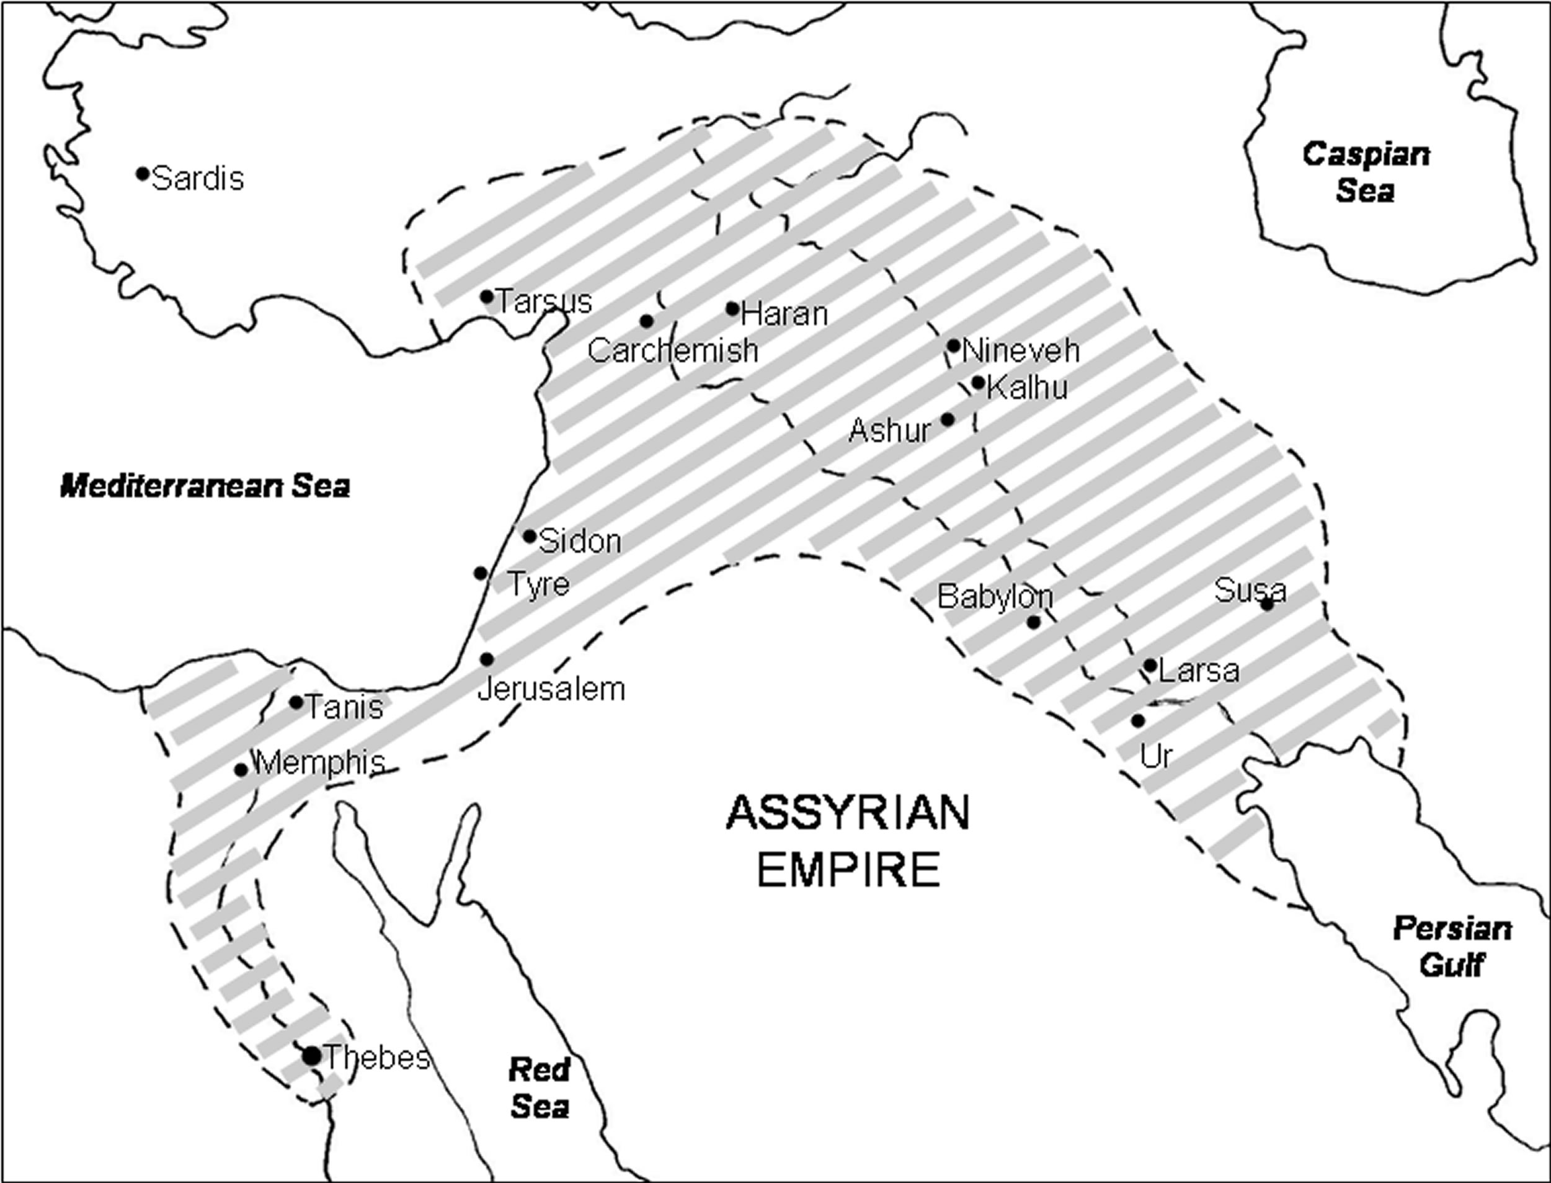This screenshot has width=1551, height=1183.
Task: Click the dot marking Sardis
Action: (142, 173)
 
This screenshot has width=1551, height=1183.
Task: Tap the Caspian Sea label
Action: (1365, 172)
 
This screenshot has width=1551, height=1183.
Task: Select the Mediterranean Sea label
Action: (205, 486)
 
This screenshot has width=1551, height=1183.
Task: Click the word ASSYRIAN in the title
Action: (848, 813)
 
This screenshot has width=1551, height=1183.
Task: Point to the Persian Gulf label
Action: (1452, 947)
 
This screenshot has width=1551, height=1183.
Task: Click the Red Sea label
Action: (540, 1089)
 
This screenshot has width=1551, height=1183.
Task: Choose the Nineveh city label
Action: (1020, 350)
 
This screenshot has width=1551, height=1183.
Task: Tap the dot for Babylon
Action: (1033, 622)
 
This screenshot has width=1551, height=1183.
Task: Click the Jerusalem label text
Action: (551, 689)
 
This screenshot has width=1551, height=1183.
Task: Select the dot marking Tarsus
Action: (486, 297)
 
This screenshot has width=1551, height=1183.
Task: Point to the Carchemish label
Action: (672, 350)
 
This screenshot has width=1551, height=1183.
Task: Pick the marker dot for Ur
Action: (1138, 721)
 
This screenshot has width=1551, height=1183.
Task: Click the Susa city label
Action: (1250, 590)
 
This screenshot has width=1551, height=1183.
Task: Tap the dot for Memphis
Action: (241, 770)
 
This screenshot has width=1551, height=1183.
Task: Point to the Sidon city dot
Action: (530, 536)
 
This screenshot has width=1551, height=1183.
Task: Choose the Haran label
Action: (784, 313)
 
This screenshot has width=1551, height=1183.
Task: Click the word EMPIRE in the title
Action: (848, 870)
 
